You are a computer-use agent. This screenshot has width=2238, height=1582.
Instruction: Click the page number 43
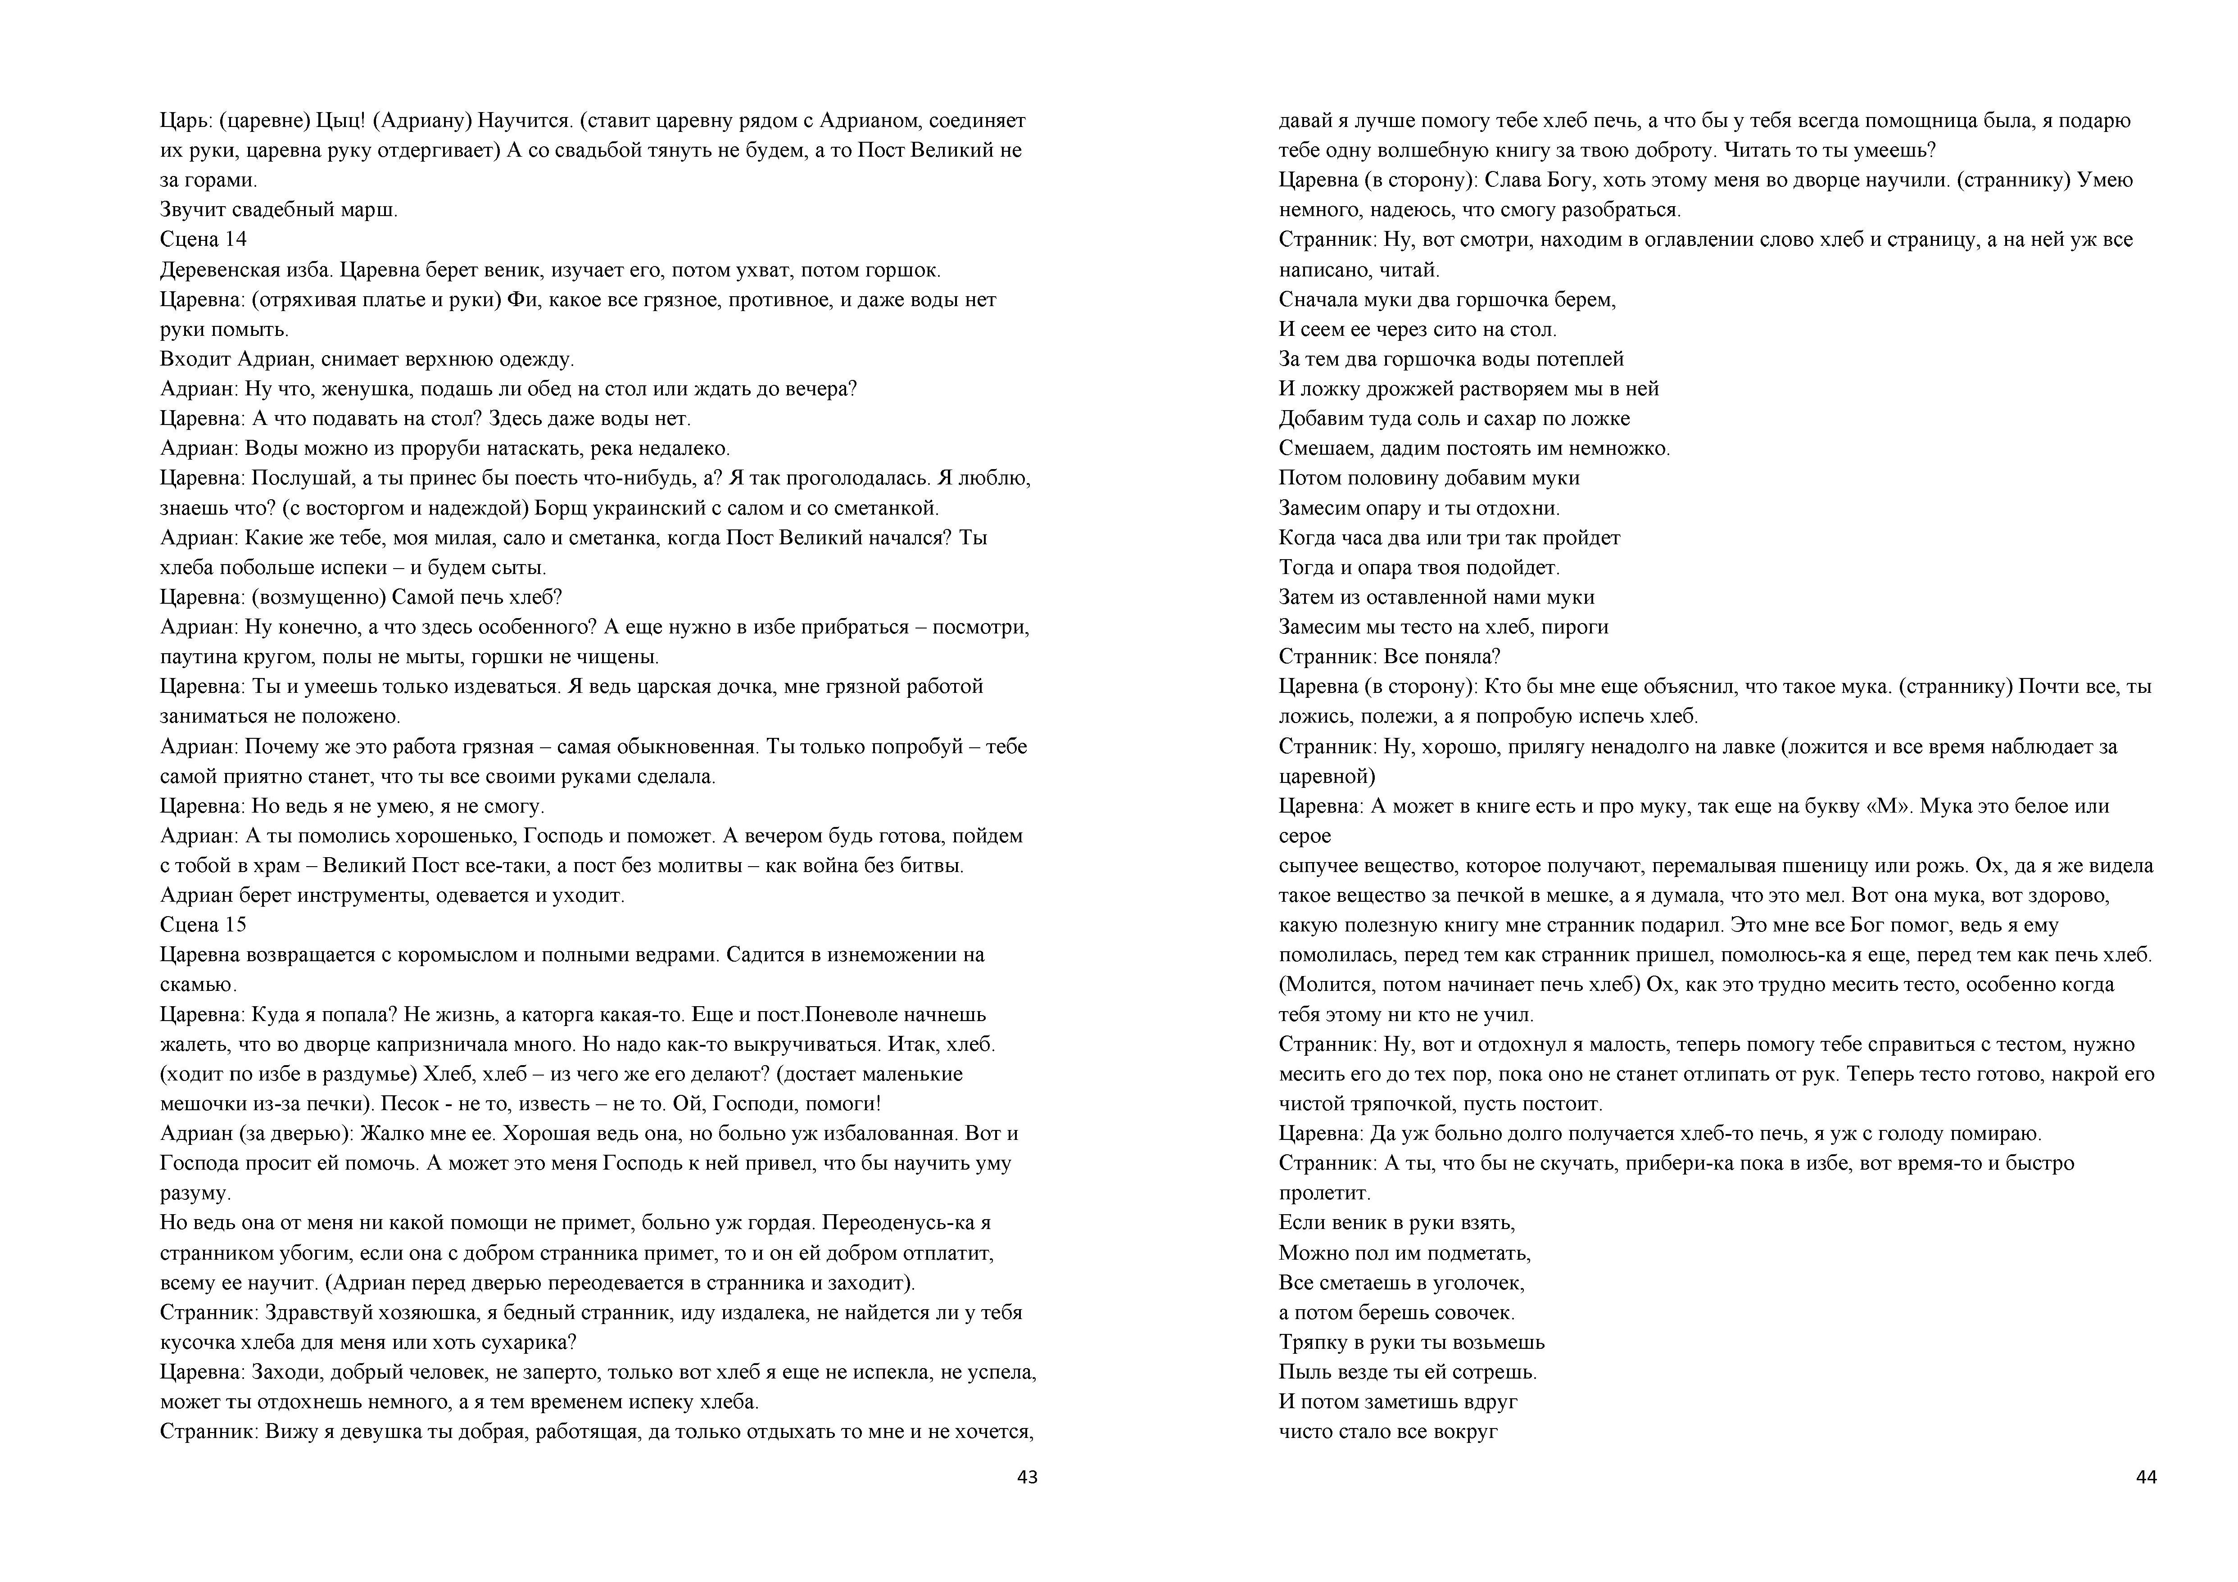(1026, 1477)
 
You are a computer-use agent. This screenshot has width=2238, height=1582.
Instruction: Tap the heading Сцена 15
(203, 924)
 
